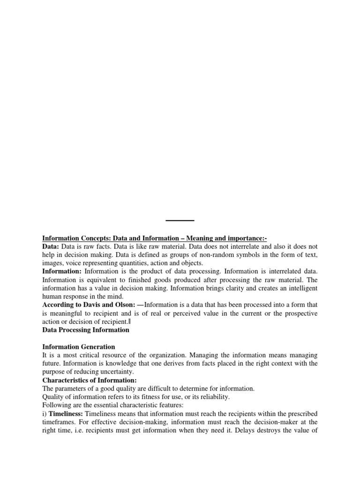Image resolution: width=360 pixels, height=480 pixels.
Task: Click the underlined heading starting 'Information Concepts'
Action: (x=155, y=238)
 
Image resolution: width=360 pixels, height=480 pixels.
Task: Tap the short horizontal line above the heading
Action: (x=180, y=220)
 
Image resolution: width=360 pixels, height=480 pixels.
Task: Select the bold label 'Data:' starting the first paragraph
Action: (x=51, y=247)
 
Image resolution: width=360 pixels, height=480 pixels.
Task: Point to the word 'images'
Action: (x=53, y=263)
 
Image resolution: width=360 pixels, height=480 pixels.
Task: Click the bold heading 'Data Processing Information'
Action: (x=86, y=330)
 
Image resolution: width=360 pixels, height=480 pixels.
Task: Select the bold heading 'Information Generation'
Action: (x=79, y=347)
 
